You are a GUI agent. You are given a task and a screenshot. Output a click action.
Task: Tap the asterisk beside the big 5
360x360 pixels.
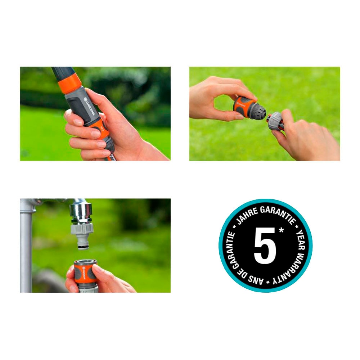281,230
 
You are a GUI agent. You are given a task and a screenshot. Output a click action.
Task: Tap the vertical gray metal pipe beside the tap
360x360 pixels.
26,252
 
